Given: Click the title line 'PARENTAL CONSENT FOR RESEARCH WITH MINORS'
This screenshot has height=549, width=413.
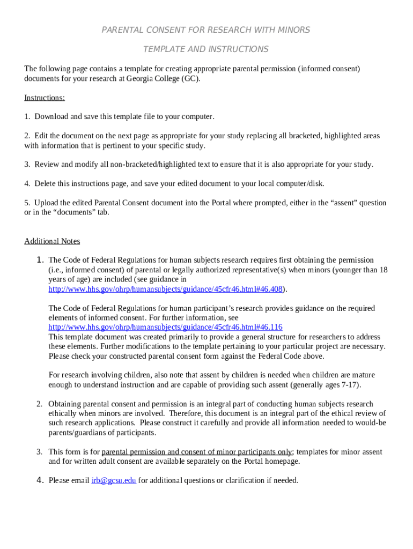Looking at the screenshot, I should click(206, 30).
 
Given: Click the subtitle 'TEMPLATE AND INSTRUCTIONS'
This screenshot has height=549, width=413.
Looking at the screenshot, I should click(206, 49).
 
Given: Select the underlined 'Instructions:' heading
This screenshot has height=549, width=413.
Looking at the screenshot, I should click(45, 98).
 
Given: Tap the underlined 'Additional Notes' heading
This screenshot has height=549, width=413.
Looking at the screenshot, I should click(52, 241).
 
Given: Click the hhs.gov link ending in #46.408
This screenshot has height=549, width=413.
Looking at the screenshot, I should click(165, 289).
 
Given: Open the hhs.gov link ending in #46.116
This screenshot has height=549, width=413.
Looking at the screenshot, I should click(165, 327).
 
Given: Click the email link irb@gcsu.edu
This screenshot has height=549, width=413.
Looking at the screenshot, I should click(114, 480).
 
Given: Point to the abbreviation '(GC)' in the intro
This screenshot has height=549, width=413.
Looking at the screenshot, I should click(190, 78).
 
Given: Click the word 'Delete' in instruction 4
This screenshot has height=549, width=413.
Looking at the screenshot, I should click(47, 183).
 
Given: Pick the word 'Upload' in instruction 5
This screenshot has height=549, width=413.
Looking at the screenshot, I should click(47, 203).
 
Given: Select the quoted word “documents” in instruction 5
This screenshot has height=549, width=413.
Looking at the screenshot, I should click(72, 212).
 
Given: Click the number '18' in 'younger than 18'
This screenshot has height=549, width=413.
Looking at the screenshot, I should click(383, 270).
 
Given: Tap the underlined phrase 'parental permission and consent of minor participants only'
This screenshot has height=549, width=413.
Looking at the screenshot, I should click(197, 452).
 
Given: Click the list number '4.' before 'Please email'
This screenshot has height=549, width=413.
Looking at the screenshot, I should click(40, 480).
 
